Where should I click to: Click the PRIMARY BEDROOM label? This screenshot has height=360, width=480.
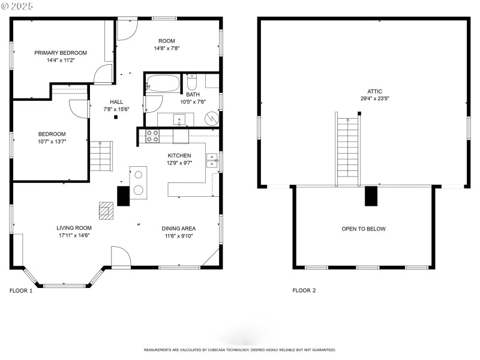coord(60,53)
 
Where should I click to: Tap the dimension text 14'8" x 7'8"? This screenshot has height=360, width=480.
coord(167,49)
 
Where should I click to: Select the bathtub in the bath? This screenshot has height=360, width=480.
coord(163,83)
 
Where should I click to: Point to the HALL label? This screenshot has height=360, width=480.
coord(116,101)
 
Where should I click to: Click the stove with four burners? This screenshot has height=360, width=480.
coord(153,136)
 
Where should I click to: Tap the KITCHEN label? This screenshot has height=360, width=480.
coord(179,155)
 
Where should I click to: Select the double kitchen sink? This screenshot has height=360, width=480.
coord(212,160)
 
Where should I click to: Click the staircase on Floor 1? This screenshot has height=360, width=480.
coord(101,157)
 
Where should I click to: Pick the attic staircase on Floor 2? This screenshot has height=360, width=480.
coord(347,147)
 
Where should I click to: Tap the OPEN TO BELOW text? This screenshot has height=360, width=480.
coord(364,229)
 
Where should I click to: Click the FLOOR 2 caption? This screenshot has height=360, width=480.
coord(304,290)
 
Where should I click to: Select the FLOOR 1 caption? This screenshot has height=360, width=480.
coord(21,290)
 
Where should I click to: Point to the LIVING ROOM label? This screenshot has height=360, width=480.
coord(74,227)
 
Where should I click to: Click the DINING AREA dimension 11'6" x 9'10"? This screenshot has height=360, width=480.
coord(178,236)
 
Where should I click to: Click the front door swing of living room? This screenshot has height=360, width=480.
coord(121,257)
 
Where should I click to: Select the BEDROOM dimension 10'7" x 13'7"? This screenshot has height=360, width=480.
coord(52,142)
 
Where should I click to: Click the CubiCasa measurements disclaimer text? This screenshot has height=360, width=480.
coord(239,350)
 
